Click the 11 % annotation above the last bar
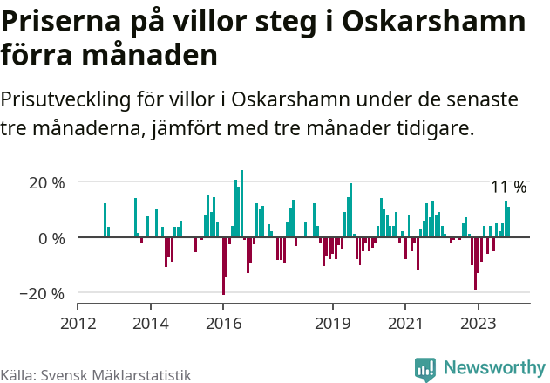tap(508, 188)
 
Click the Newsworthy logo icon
tap(425, 369)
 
